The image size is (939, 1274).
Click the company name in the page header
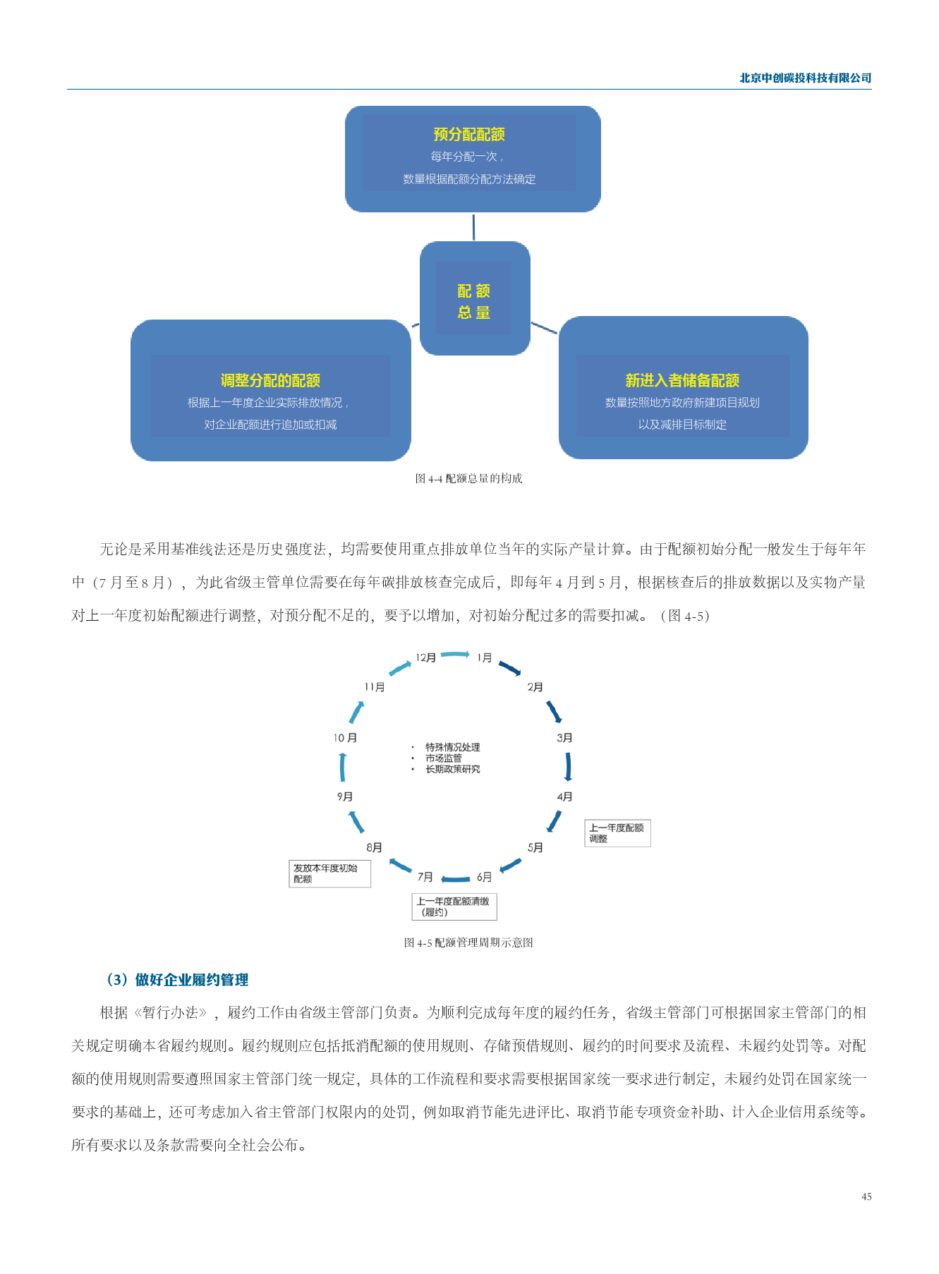click(805, 78)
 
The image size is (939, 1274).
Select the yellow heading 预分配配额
click(469, 134)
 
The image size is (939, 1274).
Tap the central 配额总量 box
click(474, 298)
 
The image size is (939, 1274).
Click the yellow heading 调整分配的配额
click(270, 380)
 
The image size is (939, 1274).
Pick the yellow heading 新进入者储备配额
click(682, 380)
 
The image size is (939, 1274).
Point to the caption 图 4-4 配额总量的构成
click(469, 478)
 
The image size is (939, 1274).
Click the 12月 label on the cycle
click(425, 657)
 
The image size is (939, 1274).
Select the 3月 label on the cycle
click(564, 738)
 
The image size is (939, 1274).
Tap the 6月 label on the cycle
click(484, 877)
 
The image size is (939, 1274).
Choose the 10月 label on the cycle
click(345, 738)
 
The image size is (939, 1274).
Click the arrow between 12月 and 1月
click(455, 655)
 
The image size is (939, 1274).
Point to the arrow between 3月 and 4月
click(568, 767)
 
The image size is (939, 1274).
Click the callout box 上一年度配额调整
click(617, 833)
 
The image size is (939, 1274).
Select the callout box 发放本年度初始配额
click(329, 873)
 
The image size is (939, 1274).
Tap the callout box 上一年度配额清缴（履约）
click(454, 906)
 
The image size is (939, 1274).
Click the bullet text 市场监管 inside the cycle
click(444, 758)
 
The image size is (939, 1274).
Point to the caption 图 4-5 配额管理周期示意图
click(468, 942)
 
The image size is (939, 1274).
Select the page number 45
click(866, 1196)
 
